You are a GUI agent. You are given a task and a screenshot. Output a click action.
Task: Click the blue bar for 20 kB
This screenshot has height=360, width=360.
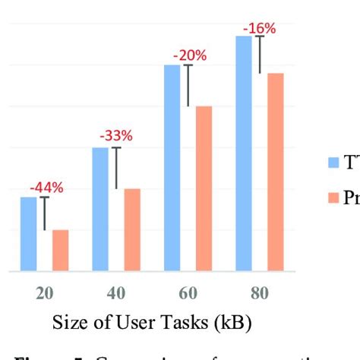pyautogui.click(x=28, y=233)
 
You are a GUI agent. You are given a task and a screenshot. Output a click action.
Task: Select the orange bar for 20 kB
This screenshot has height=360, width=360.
pyautogui.click(x=60, y=250)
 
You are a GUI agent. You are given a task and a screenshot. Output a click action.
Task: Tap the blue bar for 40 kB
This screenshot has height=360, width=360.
pyautogui.click(x=100, y=209)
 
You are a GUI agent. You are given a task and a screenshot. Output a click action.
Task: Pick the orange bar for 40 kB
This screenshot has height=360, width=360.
pyautogui.click(x=132, y=229)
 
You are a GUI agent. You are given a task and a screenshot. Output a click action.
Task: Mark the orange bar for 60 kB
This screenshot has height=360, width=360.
pyautogui.click(x=204, y=188)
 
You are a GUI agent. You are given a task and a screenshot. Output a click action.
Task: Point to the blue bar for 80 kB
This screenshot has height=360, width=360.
pyautogui.click(x=244, y=153)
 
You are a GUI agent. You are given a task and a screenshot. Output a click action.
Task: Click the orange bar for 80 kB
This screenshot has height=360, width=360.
pyautogui.click(x=276, y=172)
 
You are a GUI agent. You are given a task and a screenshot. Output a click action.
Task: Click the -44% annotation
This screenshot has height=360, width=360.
pyautogui.click(x=46, y=188)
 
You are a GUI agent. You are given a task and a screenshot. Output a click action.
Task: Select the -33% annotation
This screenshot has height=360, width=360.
pyautogui.click(x=116, y=137)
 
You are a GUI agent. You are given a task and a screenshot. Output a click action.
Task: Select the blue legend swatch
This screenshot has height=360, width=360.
pyautogui.click(x=333, y=162)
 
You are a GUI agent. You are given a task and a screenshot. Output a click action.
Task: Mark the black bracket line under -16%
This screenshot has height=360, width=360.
pyautogui.click(x=261, y=54)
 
